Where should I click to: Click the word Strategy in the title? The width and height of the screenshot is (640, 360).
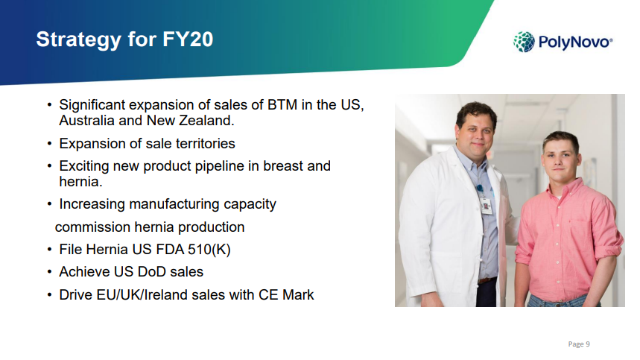tap(79, 40)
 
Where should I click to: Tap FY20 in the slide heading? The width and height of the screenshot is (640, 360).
tap(188, 40)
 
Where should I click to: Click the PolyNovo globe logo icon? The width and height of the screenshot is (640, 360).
tap(524, 42)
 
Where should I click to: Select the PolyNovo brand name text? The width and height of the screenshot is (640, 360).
tap(575, 42)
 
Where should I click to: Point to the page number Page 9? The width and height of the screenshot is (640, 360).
tap(579, 344)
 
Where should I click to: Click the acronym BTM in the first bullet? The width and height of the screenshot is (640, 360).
tap(282, 105)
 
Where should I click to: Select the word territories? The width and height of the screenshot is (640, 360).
tap(206, 144)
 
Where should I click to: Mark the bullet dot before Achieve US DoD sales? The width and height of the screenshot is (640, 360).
tap(49, 272)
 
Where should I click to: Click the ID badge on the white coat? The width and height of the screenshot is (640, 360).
tap(486, 206)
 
